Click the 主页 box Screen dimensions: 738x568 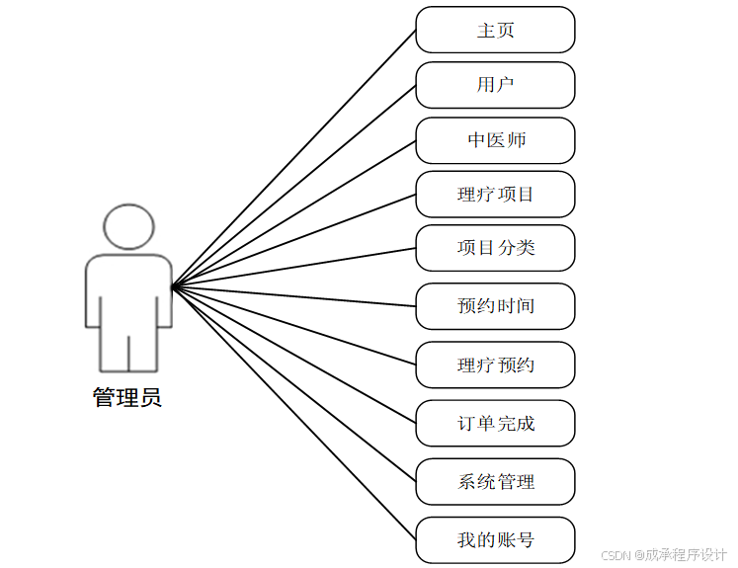click(495, 30)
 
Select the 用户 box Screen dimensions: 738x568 click(495, 85)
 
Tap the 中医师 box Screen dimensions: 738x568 click(495, 140)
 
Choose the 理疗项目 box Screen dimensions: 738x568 click(495, 194)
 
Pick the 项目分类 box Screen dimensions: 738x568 click(495, 248)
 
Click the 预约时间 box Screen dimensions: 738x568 click(495, 306)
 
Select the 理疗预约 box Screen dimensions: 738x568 click(495, 365)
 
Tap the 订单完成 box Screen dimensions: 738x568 click(495, 424)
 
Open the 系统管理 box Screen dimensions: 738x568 click(495, 482)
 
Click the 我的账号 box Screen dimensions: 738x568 click(495, 540)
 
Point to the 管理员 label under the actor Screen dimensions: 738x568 click(127, 398)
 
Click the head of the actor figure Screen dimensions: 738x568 click(128, 227)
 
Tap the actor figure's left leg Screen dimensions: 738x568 click(115, 351)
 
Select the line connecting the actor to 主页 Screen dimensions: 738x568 click(293, 159)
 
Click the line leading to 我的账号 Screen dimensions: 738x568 click(293, 414)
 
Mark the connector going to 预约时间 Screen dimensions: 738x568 click(293, 296)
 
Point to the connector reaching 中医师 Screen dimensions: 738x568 click(293, 214)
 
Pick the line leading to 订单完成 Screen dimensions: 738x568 click(293, 356)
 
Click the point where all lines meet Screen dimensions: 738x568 click(173, 287)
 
